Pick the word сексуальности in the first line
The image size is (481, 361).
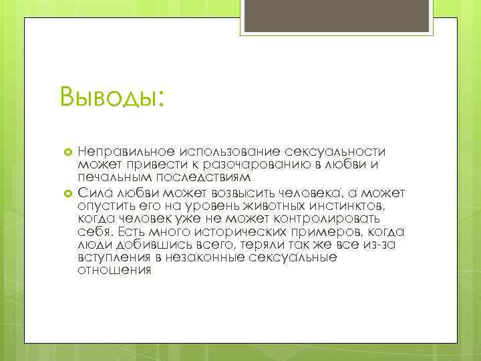click(x=340, y=152)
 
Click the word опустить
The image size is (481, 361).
click(x=103, y=205)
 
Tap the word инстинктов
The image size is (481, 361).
click(x=348, y=205)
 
